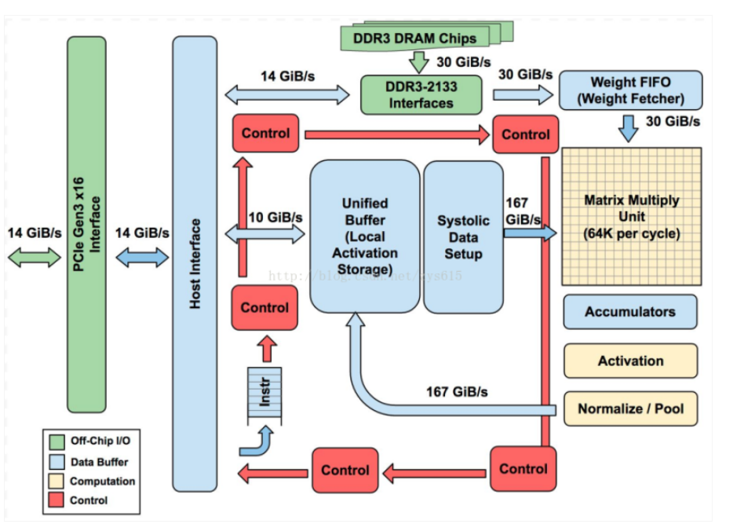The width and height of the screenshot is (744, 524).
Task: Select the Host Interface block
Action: [195, 264]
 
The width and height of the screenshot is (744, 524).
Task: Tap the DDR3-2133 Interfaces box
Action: [421, 95]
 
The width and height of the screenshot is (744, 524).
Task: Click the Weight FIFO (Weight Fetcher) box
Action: [630, 90]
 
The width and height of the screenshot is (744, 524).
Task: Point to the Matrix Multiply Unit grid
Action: [631, 216]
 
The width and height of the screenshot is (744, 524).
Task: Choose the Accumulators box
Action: [629, 312]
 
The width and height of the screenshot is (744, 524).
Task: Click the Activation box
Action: [630, 361]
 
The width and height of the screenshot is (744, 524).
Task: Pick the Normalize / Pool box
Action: [630, 409]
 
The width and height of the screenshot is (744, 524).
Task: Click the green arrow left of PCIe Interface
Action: [35, 257]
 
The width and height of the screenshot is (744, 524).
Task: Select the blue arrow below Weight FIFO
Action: [629, 128]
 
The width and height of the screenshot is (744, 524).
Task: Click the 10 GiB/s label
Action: [275, 217]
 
